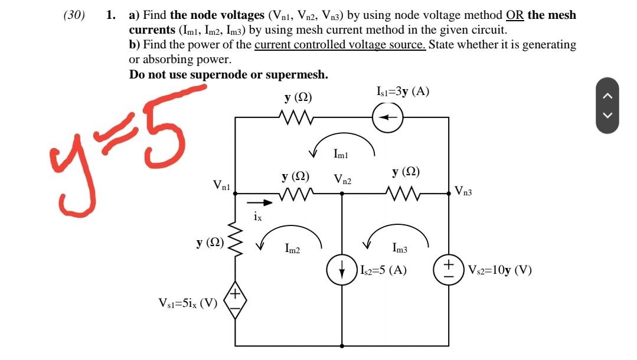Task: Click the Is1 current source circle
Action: coord(387,117)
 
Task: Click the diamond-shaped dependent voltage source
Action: coord(235,302)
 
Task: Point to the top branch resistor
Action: coord(297,117)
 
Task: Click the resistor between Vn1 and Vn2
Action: coord(297,194)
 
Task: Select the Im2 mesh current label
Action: coord(292,250)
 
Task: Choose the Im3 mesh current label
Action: coord(400,250)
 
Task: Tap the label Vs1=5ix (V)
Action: coord(188,303)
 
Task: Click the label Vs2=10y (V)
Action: coord(499,271)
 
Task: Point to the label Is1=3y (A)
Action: coord(402,91)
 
